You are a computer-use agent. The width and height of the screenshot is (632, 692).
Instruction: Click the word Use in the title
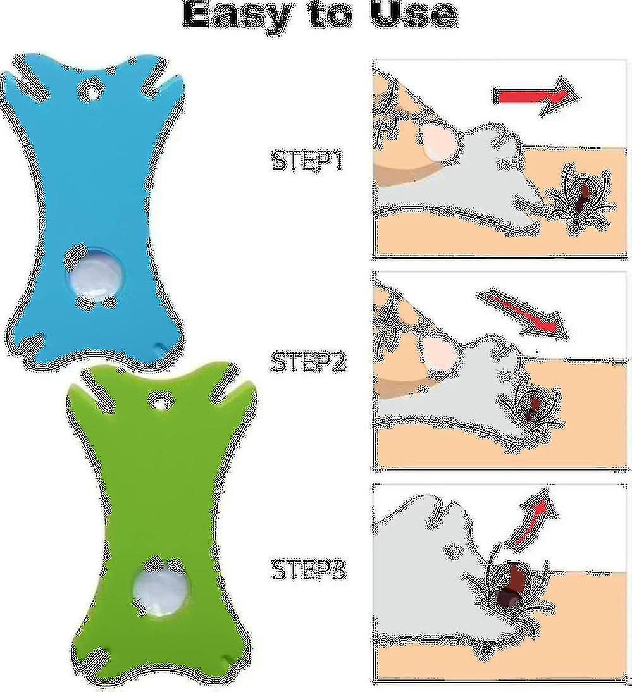click(x=413, y=15)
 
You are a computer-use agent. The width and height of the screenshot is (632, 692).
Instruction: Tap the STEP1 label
click(x=307, y=161)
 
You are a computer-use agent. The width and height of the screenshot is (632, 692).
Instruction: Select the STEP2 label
click(x=308, y=361)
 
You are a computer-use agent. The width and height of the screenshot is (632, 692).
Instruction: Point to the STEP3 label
click(x=308, y=569)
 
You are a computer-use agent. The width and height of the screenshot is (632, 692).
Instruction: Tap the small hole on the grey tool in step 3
click(x=452, y=550)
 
